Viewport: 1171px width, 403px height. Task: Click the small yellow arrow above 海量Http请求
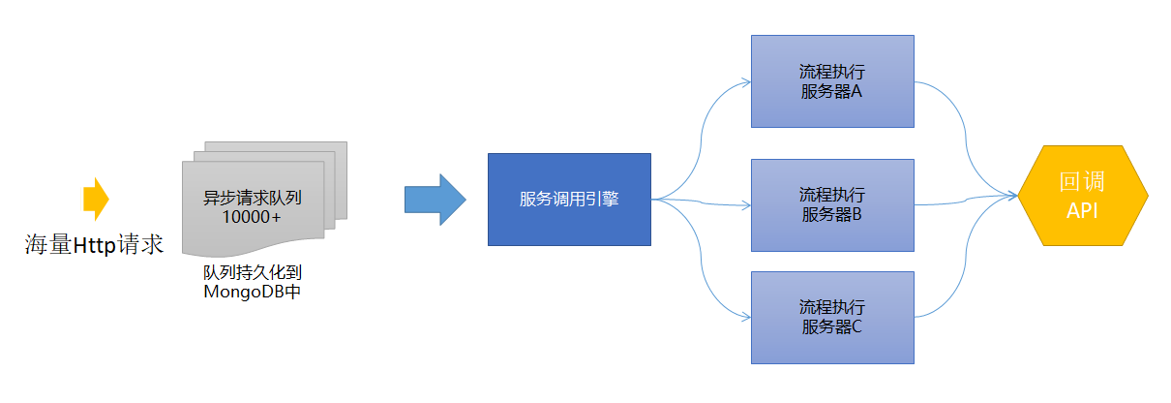coord(96,199)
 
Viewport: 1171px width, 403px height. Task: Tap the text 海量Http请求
coord(94,244)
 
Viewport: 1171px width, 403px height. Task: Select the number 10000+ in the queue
coord(252,217)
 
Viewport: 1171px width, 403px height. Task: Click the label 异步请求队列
coord(253,198)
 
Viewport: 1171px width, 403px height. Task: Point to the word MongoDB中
coord(252,292)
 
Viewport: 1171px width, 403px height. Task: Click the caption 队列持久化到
coord(253,272)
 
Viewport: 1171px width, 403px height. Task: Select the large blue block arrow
coord(435,200)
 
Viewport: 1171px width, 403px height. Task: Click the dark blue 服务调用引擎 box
coord(569,200)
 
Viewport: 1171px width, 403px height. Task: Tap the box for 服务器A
coord(832,81)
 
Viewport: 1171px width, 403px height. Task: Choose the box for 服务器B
coord(832,205)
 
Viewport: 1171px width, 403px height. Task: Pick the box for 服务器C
coord(832,318)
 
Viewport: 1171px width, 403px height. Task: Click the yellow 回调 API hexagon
coord(1083,196)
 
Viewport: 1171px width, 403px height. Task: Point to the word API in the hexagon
coord(1082,211)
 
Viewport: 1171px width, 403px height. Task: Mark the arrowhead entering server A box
coord(746,81)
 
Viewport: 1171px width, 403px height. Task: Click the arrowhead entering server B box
coord(746,205)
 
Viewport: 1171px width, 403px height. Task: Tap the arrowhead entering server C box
coord(746,317)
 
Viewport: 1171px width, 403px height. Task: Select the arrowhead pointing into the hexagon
coord(1012,196)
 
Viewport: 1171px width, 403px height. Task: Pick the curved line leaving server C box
coord(965,258)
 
